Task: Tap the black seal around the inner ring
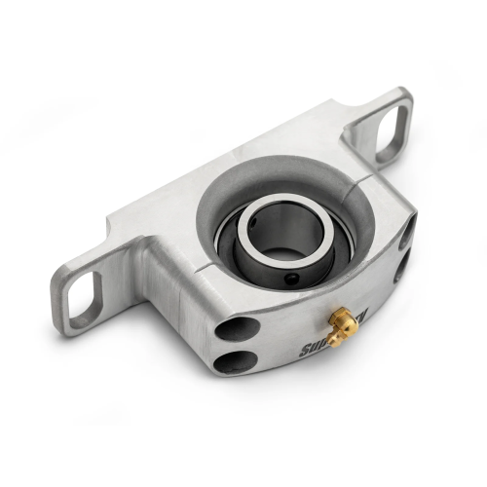coord(234,257)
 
